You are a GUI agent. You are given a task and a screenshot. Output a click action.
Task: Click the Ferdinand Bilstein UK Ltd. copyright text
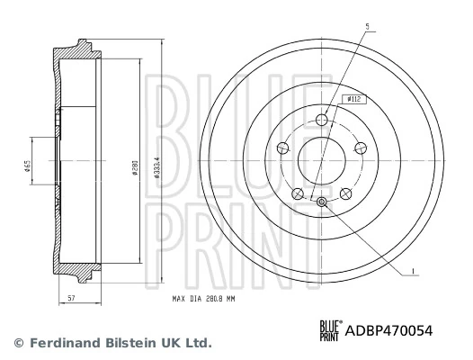[x=112, y=343]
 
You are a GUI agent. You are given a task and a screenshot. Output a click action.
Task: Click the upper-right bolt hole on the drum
[x=361, y=148]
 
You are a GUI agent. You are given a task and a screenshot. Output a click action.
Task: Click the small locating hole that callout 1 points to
[x=323, y=201]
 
